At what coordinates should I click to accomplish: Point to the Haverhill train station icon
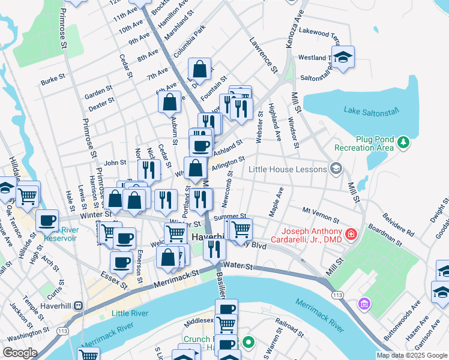(78, 305)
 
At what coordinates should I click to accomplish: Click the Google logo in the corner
(20, 353)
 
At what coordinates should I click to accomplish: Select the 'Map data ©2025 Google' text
(412, 355)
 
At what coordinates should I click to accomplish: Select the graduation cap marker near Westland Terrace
(343, 57)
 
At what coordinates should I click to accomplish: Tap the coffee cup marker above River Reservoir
(47, 220)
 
